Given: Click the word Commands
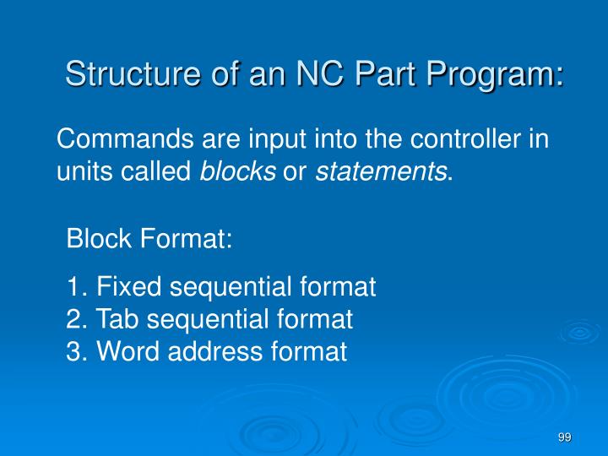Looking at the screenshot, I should tap(122, 139).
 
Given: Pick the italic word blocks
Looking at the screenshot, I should tap(237, 172).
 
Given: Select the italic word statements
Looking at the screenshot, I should tap(381, 172).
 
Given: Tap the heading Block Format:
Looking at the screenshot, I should tap(149, 240).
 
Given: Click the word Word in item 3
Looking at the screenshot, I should tap(130, 351).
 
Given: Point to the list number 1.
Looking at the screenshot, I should tap(74, 287).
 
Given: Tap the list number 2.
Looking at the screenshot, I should tap(74, 319).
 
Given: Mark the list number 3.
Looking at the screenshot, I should tap(74, 351).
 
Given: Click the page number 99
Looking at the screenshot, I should tap(565, 437).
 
